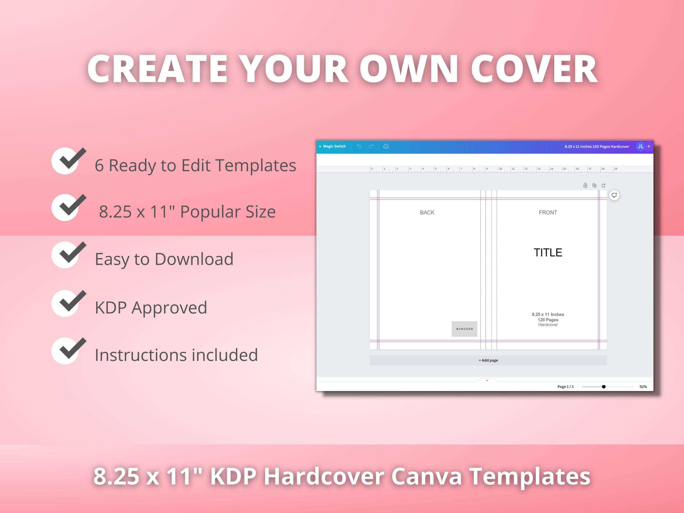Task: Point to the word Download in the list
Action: [x=194, y=259]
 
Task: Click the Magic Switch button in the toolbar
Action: [x=334, y=146]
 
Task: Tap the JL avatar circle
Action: [x=640, y=146]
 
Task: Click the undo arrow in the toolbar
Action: [x=359, y=146]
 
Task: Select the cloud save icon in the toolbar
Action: [x=386, y=146]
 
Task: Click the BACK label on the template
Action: [x=427, y=212]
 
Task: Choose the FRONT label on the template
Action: [x=548, y=212]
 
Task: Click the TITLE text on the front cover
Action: [x=548, y=253]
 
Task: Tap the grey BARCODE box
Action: [x=464, y=329]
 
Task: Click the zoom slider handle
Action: [x=604, y=386]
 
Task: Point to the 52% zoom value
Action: [x=643, y=386]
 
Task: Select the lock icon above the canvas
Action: [x=585, y=185]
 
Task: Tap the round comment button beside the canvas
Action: [x=614, y=195]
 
